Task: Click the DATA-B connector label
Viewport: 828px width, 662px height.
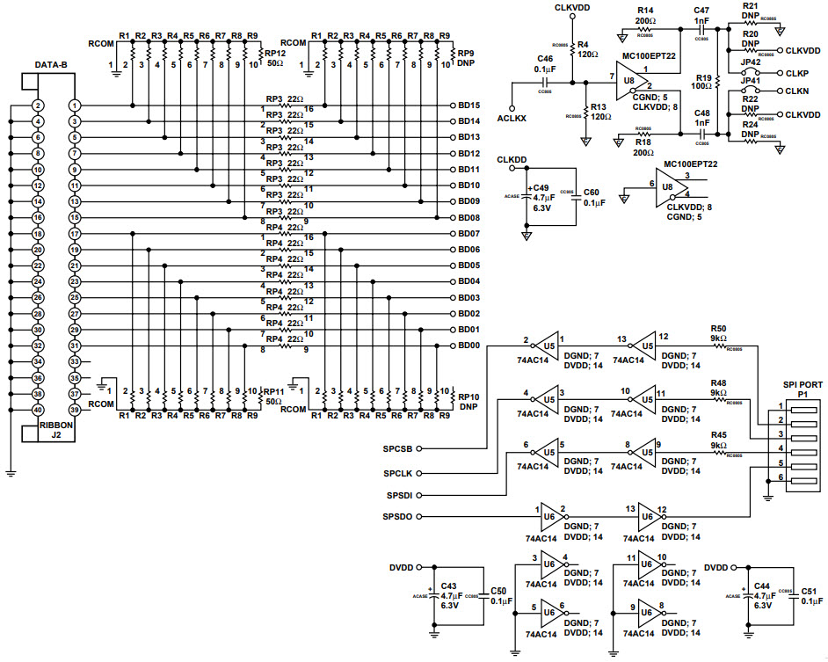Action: (x=51, y=65)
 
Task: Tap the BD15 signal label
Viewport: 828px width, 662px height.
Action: (x=468, y=105)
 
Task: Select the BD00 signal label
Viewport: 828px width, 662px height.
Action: (x=468, y=346)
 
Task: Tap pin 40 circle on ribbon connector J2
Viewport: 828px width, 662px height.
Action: (x=38, y=410)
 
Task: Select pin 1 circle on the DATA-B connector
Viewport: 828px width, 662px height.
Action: (x=76, y=105)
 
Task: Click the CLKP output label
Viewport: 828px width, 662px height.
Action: (x=796, y=74)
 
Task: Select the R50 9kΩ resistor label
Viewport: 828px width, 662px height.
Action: (x=718, y=332)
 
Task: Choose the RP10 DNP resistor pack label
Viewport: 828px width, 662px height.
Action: (x=468, y=401)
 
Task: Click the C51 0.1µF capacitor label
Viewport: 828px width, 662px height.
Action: (x=811, y=596)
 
